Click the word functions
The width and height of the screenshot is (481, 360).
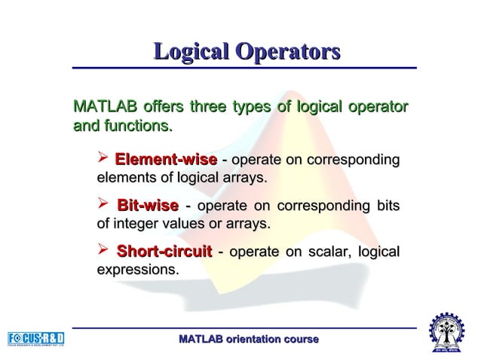(136, 125)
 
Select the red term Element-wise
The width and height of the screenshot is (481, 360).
(166, 160)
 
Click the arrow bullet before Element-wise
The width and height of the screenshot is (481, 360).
(104, 160)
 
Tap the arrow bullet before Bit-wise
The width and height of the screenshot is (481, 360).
(104, 205)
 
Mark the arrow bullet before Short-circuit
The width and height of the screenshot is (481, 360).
(104, 250)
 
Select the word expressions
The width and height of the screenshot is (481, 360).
(138, 269)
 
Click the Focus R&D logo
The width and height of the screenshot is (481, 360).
(35, 337)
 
